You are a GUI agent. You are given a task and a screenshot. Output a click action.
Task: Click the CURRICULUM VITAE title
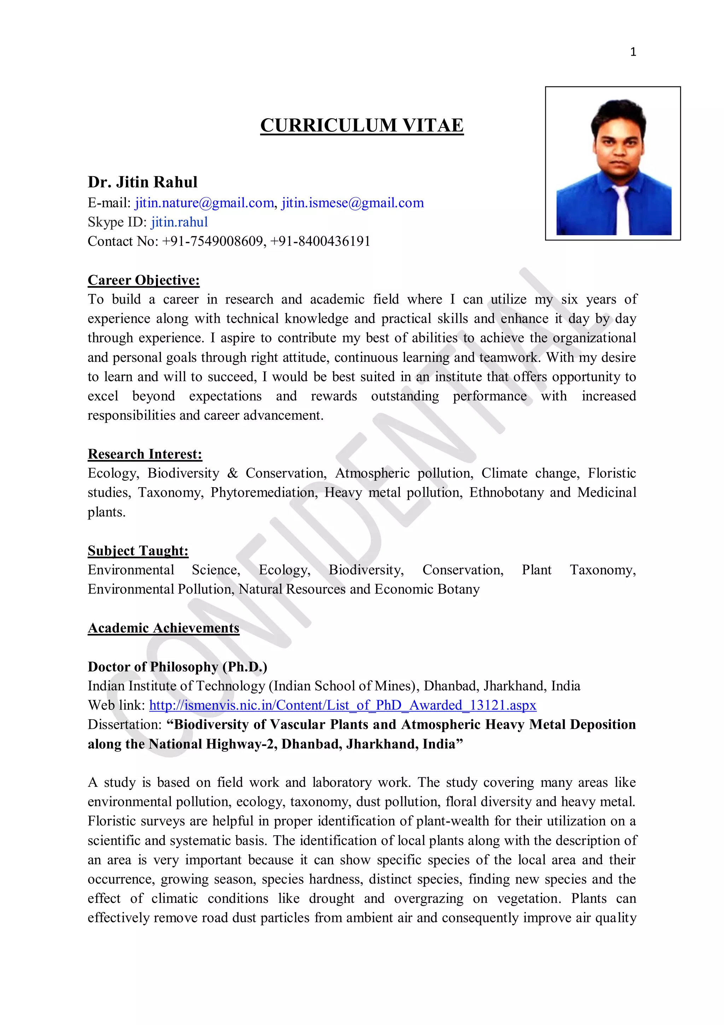362,126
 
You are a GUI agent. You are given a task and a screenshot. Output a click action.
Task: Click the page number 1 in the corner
632,52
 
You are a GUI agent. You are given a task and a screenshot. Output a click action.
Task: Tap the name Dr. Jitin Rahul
142,182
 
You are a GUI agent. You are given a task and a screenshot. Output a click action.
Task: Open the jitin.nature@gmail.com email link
204,203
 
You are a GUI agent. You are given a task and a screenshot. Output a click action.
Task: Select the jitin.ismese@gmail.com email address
352,203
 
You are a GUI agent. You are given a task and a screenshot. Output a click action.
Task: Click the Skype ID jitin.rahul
179,222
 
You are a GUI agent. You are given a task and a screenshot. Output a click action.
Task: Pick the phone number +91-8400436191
320,242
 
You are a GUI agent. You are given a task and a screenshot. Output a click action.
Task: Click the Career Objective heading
144,280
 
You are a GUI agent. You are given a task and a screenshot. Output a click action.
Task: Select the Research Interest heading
145,454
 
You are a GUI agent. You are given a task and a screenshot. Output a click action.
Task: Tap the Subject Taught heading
138,551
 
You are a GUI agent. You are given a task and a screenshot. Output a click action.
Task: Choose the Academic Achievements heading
163,628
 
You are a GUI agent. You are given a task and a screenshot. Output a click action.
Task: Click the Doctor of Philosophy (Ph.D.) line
177,667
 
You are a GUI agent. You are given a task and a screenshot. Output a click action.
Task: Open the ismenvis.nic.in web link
343,706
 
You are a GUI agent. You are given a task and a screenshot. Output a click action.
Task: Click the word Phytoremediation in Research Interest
264,493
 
